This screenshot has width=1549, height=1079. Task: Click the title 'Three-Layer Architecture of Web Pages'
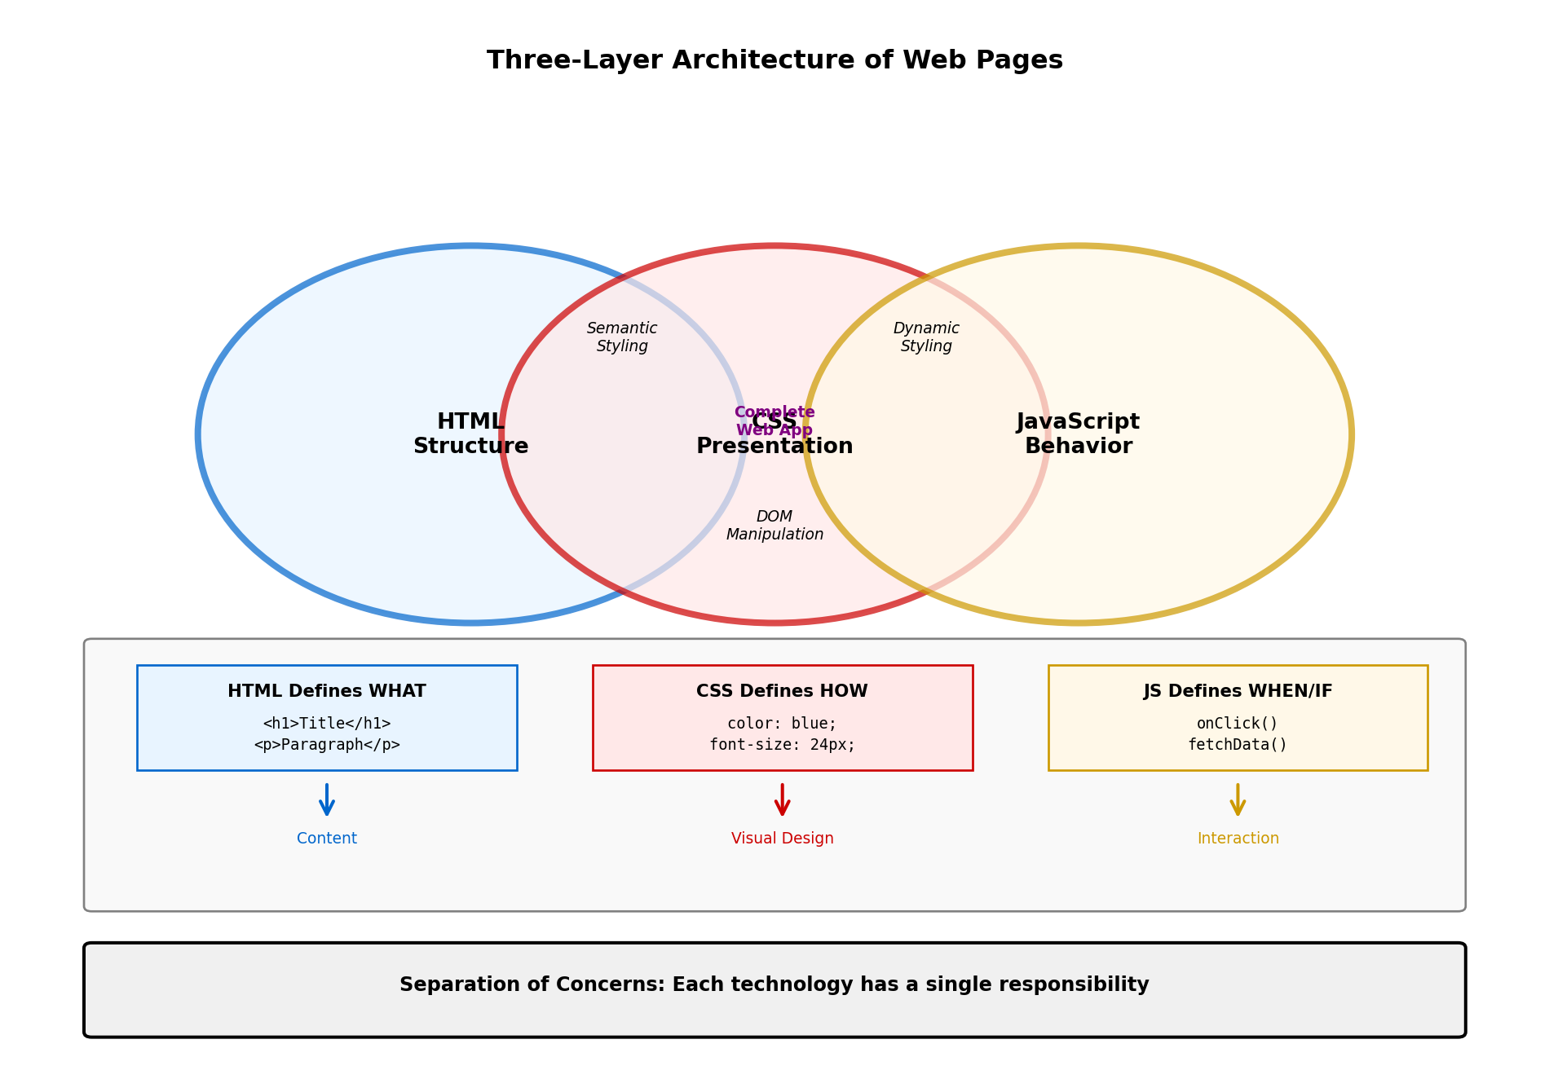click(774, 61)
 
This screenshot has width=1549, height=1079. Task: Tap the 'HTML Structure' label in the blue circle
click(470, 434)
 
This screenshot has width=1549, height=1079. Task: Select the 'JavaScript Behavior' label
click(1078, 434)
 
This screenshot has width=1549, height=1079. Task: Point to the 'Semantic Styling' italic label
click(622, 337)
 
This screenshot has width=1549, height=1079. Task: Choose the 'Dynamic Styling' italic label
click(926, 337)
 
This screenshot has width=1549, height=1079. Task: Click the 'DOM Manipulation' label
click(774, 526)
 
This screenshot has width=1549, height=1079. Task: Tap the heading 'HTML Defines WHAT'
click(326, 691)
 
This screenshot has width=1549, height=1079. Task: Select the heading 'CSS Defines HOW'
click(782, 691)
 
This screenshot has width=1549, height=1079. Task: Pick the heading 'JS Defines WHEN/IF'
click(1238, 691)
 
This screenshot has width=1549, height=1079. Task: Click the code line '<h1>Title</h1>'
click(326, 724)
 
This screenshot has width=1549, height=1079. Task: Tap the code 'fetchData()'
click(1238, 745)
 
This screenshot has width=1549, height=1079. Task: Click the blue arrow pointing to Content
click(326, 800)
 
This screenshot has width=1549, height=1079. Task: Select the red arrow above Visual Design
click(782, 800)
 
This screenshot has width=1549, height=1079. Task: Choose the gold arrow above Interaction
click(1238, 800)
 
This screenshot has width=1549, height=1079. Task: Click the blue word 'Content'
click(326, 839)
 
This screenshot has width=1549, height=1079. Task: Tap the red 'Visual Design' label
click(782, 839)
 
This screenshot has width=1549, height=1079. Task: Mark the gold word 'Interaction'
click(1238, 839)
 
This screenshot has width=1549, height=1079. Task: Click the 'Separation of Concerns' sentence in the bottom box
click(774, 984)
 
